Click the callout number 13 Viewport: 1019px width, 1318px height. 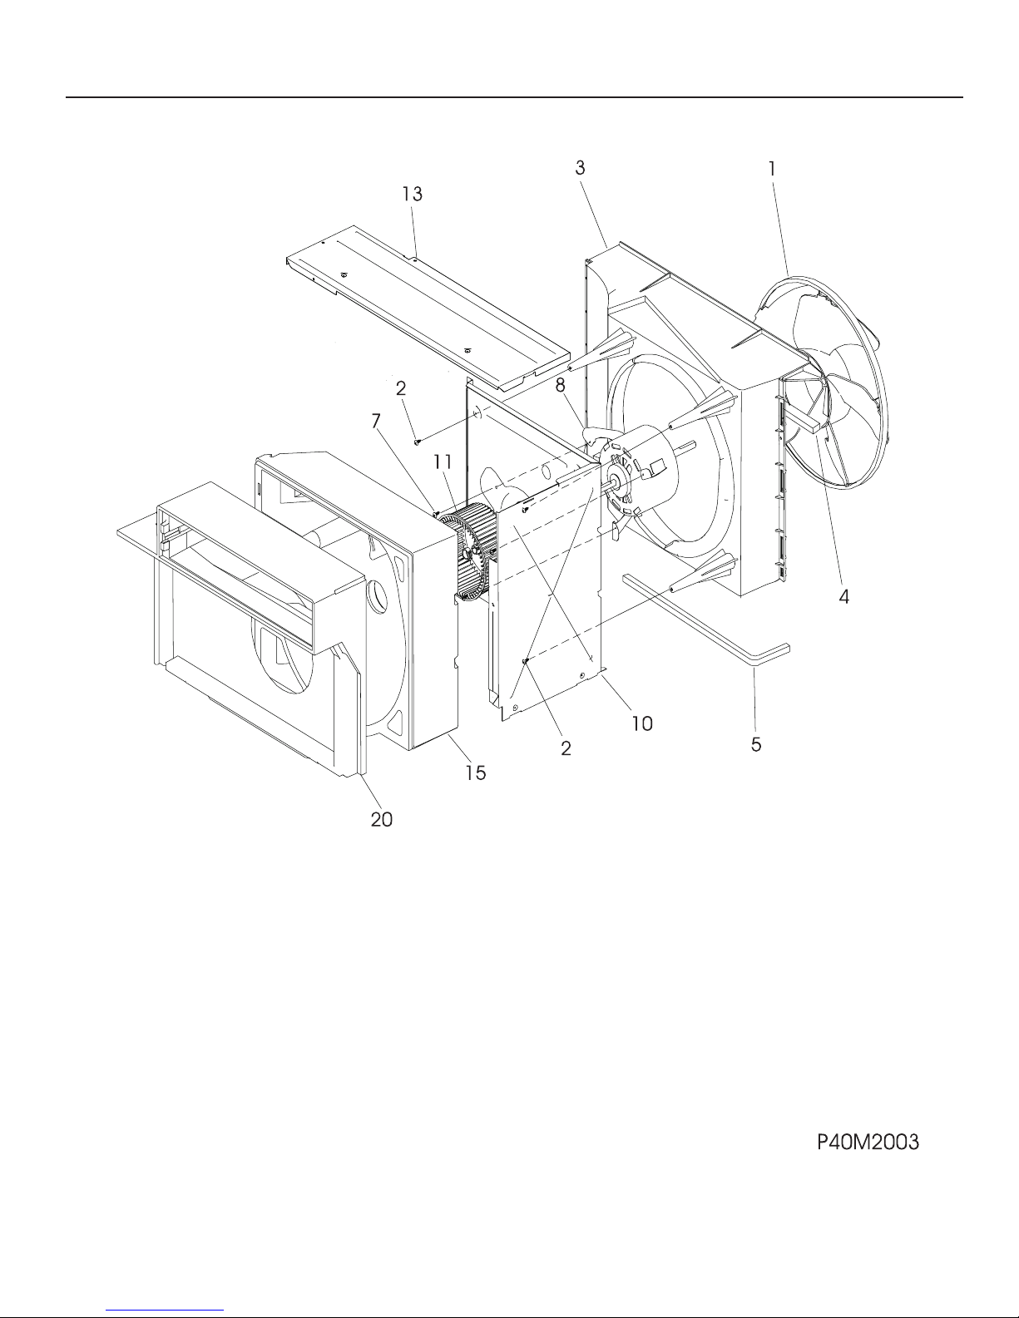pyautogui.click(x=413, y=194)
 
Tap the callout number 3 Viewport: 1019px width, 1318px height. pyautogui.click(x=581, y=168)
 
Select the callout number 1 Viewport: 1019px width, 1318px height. pyautogui.click(x=772, y=169)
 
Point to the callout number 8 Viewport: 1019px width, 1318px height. pyautogui.click(x=561, y=385)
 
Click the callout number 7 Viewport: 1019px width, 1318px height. pyautogui.click(x=376, y=420)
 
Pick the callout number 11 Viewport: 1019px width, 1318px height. pyautogui.click(x=443, y=462)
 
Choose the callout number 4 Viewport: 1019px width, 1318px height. pyautogui.click(x=843, y=597)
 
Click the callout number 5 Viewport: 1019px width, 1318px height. pyautogui.click(x=756, y=744)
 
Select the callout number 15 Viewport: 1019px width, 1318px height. pyautogui.click(x=476, y=773)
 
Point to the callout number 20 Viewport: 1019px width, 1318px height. pyautogui.click(x=382, y=819)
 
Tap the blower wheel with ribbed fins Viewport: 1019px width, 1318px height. pyautogui.click(x=467, y=555)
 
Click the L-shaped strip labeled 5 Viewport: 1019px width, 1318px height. pyautogui.click(x=706, y=616)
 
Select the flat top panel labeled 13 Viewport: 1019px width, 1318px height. pyautogui.click(x=428, y=309)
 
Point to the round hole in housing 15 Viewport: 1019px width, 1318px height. pyautogui.click(x=377, y=597)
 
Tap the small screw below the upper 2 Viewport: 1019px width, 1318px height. pyautogui.click(x=417, y=442)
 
